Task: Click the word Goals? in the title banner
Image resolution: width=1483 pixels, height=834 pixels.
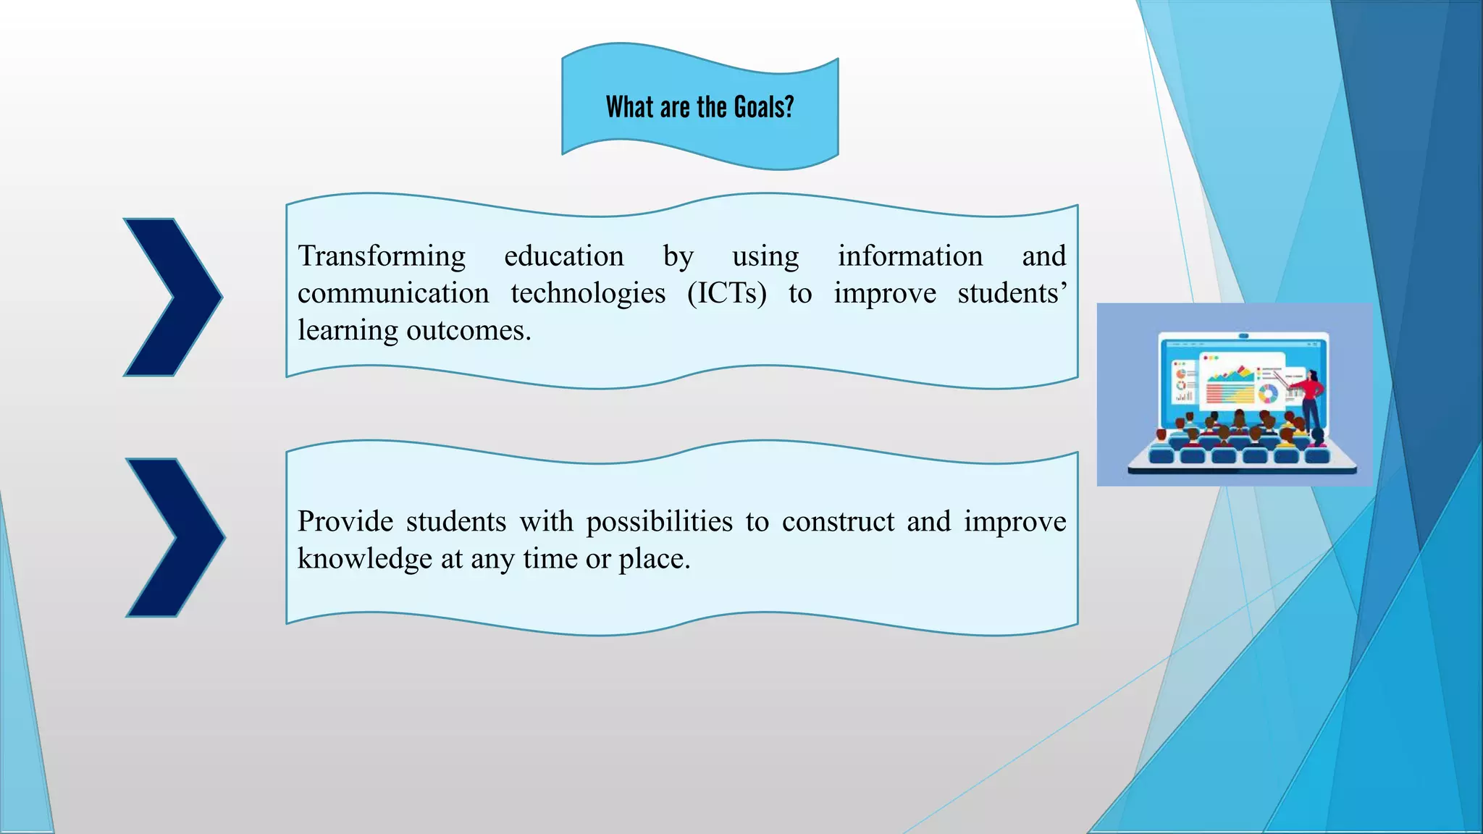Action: point(764,107)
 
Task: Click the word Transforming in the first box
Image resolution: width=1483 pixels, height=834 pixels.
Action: point(382,256)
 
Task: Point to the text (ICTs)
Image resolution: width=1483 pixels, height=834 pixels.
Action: point(726,293)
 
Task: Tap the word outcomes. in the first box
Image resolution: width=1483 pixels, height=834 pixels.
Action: point(469,331)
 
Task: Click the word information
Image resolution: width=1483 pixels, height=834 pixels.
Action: point(910,256)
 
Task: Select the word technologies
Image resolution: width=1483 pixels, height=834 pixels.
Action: point(587,293)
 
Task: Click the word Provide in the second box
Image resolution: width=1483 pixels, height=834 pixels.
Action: point(345,521)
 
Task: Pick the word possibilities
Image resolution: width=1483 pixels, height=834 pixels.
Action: point(659,521)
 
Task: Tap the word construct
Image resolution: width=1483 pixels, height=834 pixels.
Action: point(838,521)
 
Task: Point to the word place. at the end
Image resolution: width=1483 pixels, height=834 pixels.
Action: point(654,559)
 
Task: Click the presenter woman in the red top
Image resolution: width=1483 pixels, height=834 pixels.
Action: point(1312,405)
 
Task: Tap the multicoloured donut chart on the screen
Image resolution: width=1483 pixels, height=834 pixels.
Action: point(1267,394)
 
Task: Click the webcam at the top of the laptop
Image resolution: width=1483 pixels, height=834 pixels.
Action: point(1243,336)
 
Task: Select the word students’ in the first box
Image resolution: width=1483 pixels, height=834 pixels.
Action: point(1012,293)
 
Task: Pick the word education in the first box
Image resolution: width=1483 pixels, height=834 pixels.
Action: point(563,256)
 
